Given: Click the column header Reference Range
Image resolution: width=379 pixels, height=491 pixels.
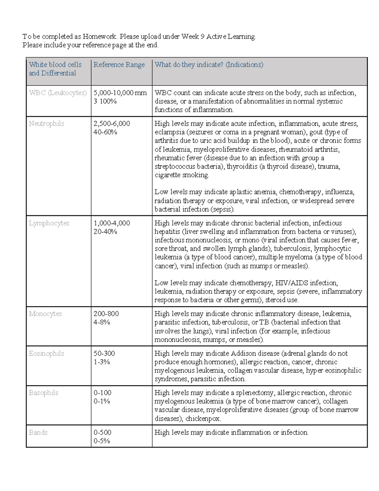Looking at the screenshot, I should [x=119, y=65].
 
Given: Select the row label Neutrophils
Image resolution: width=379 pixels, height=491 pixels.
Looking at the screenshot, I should [x=46, y=124].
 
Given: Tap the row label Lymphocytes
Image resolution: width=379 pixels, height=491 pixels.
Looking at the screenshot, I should [x=49, y=223].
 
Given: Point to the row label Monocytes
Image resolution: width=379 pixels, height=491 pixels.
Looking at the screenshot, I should [x=45, y=314].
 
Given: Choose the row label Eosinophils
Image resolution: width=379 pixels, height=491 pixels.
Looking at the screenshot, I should [x=46, y=353].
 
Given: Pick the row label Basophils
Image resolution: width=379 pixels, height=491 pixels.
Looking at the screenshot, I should [x=44, y=393].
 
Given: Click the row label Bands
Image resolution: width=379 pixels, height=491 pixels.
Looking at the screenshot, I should [x=38, y=433].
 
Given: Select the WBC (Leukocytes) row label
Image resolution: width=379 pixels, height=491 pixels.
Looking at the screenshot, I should [x=58, y=93].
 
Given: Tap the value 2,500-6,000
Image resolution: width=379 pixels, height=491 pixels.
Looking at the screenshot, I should [x=112, y=124].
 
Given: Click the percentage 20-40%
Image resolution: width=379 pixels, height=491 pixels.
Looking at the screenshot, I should [x=105, y=232].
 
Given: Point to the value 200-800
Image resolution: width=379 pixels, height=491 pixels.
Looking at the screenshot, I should [x=106, y=314].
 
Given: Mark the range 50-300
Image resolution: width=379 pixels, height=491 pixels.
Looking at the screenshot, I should [x=104, y=353].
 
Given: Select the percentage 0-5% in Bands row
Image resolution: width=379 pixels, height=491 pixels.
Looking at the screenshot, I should [x=102, y=441].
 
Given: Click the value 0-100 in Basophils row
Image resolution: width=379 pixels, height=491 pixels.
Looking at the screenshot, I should [x=102, y=393].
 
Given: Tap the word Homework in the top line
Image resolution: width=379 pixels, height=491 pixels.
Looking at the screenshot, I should [x=99, y=37].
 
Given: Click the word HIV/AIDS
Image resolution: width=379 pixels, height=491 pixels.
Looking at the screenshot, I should [x=292, y=283].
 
